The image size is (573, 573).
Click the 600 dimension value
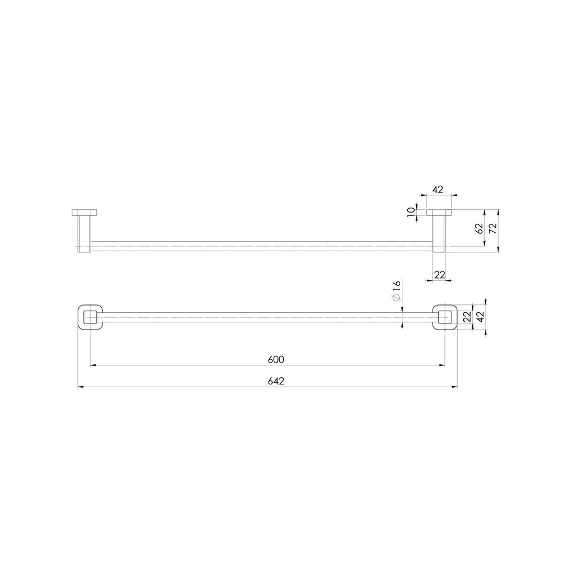276,360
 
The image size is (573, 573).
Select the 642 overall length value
276,381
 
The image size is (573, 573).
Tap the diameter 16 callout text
397,291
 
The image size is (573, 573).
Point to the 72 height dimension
493,228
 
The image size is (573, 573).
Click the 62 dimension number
479,229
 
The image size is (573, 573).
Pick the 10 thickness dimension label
411,212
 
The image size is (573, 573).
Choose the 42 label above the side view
438,190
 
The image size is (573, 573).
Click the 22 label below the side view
440,274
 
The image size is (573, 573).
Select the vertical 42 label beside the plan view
480,317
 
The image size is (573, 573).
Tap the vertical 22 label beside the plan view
467,317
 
